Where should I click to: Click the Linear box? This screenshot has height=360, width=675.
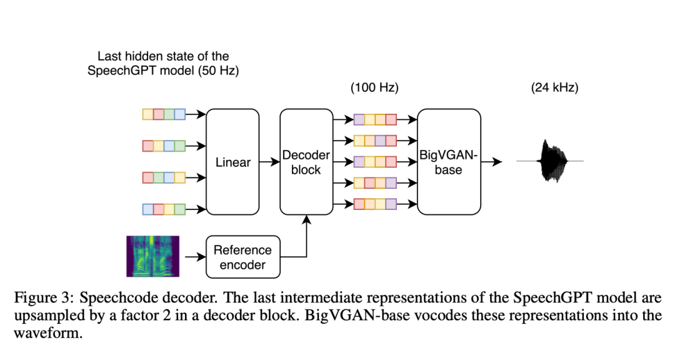point(232,162)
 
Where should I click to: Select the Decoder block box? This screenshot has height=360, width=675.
point(306,162)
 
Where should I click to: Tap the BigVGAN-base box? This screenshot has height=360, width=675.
point(449,162)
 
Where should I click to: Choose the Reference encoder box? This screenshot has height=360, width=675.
point(243,257)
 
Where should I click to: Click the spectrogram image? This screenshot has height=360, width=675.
point(152,256)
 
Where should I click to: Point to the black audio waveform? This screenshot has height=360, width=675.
point(551,162)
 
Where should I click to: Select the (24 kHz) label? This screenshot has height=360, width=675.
point(554,88)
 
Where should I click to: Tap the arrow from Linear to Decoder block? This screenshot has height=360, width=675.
point(269,162)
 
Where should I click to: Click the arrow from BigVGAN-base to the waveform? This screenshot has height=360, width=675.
point(492,162)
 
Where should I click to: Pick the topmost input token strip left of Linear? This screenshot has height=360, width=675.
point(164,114)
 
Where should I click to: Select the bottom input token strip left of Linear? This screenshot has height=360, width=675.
point(164,209)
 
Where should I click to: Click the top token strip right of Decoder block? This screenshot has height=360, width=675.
point(375,119)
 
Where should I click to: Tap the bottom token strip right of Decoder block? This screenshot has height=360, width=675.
point(375,203)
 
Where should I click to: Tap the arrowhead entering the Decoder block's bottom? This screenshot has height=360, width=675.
point(306,219)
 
